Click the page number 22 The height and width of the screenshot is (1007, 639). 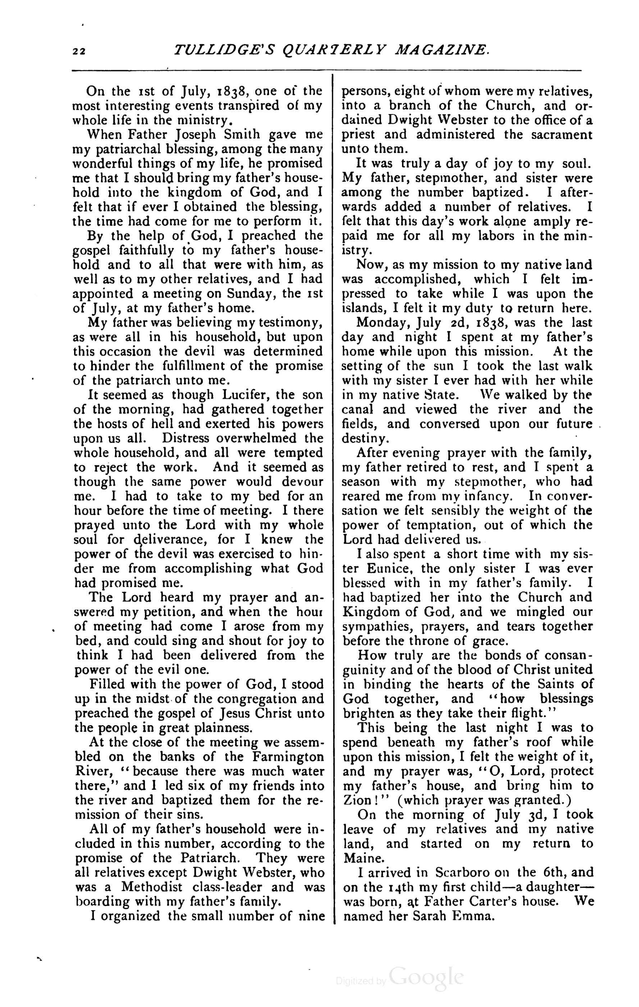pos(78,51)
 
